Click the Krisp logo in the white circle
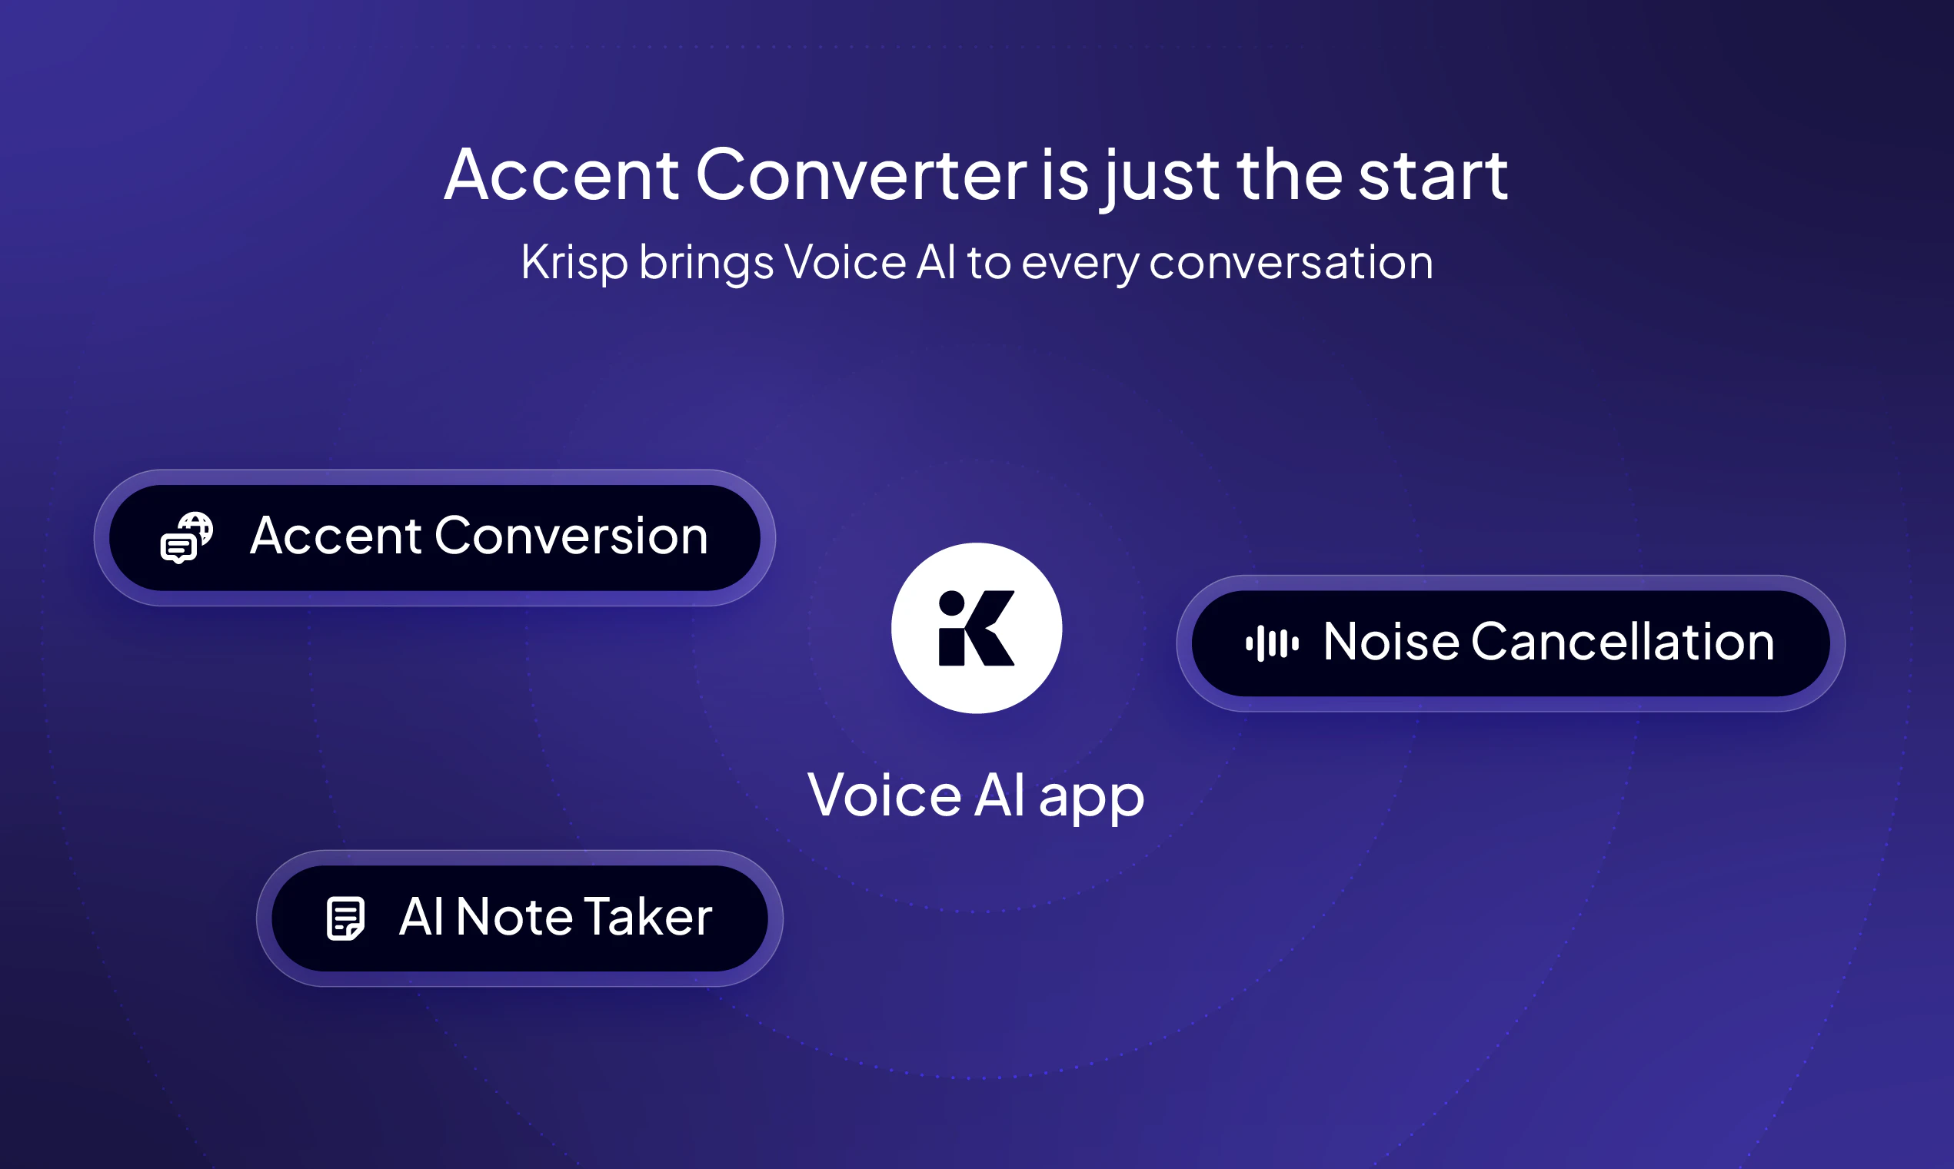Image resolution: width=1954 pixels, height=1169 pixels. coord(976,628)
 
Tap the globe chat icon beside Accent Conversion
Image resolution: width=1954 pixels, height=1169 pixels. coord(187,537)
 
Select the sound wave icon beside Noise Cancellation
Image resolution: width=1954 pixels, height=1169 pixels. coord(1272,643)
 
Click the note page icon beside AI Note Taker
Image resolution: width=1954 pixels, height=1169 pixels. coord(345,918)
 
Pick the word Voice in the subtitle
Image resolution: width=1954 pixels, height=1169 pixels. coord(844,262)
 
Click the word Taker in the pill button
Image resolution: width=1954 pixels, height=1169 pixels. coord(647,917)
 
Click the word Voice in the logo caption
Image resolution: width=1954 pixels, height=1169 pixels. coord(884,795)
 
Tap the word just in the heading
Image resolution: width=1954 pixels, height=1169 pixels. coord(1162,178)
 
